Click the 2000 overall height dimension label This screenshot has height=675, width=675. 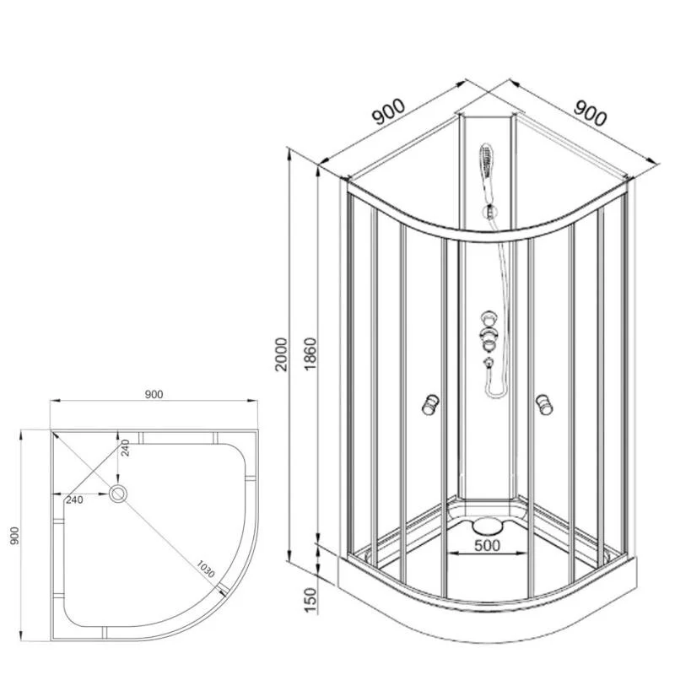point(281,354)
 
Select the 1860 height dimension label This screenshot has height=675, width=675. point(310,354)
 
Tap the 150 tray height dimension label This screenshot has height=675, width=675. point(310,600)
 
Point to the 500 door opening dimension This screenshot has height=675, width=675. point(488,545)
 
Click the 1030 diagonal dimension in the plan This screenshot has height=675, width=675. point(205,569)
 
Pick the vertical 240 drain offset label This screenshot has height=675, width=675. point(125,448)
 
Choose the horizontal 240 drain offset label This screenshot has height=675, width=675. point(74,499)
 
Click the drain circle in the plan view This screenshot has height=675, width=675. point(117,494)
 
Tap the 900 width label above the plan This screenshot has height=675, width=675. point(154,394)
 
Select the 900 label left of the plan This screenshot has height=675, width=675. point(14,536)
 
